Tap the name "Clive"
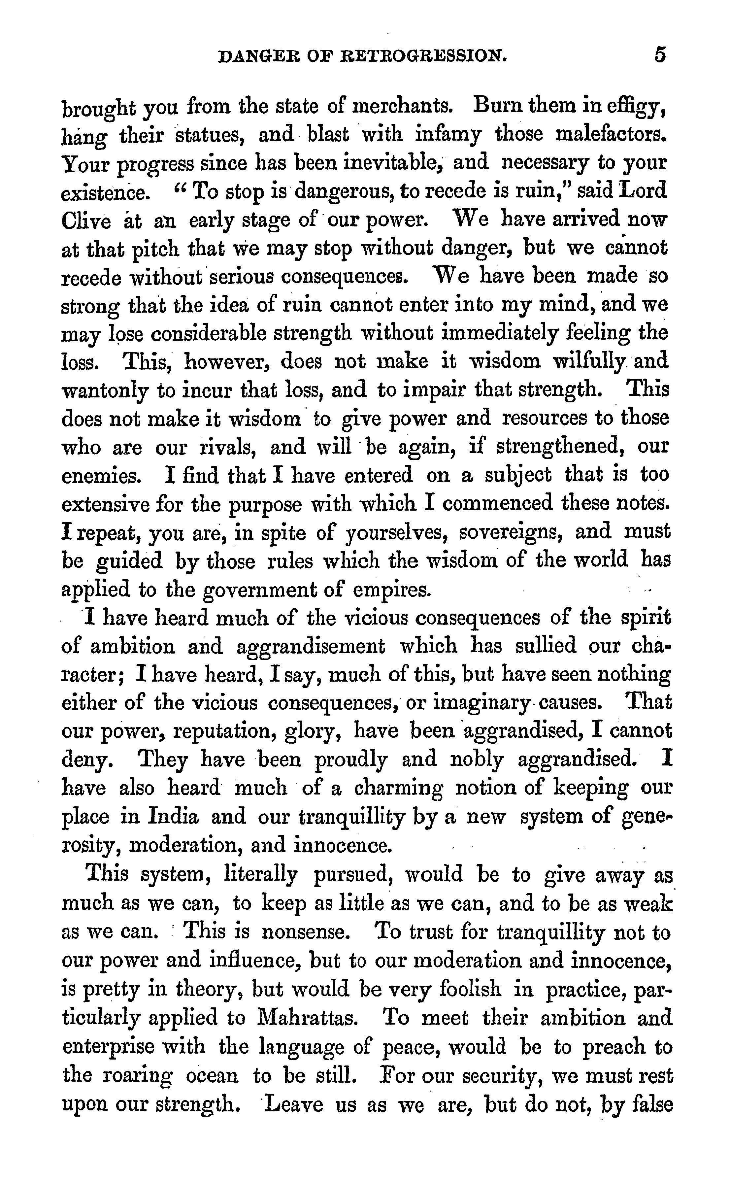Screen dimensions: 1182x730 pos(86,221)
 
